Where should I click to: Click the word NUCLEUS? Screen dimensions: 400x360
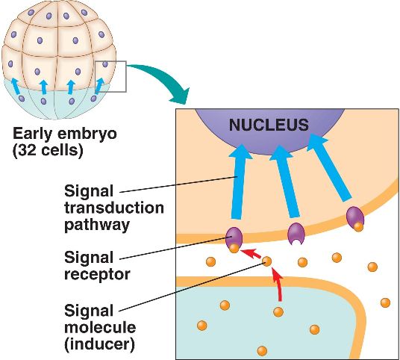269,125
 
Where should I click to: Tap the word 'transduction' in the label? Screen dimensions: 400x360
114,208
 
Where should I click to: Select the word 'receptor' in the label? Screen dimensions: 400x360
97,275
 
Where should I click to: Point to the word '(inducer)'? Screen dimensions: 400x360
99,344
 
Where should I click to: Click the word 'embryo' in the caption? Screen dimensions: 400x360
87,134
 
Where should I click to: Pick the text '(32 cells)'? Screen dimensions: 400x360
48,150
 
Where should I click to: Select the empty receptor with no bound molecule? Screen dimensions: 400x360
296,233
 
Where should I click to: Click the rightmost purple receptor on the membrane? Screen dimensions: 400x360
354,217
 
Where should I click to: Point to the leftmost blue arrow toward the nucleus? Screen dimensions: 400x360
240,181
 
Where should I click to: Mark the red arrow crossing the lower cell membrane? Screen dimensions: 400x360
278,284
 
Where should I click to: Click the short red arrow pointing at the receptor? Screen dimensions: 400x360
251,253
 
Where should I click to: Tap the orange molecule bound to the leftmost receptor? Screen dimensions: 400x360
234,248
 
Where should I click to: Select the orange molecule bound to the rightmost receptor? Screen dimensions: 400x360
358,226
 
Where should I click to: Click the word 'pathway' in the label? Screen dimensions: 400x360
97,226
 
